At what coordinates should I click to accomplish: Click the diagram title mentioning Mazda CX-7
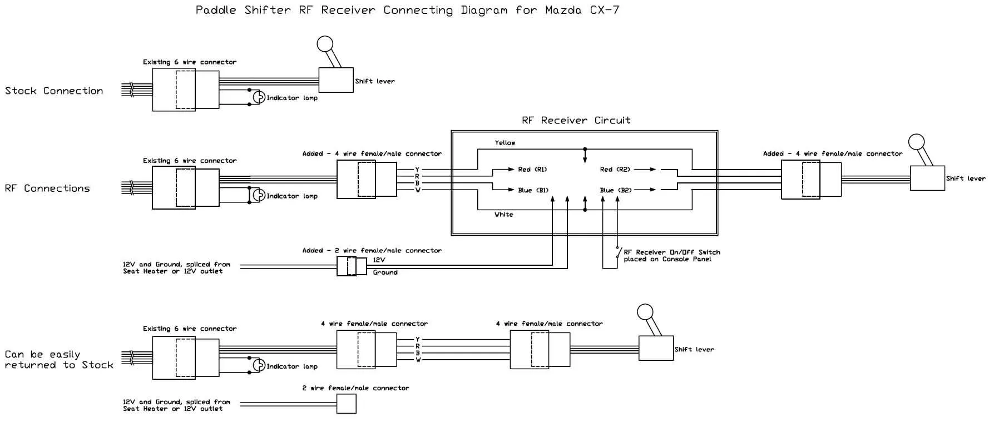407,11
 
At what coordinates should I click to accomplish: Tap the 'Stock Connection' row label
54,91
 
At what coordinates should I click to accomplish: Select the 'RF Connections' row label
47,188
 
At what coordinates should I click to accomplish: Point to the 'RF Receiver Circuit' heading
576,120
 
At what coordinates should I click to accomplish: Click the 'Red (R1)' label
532,170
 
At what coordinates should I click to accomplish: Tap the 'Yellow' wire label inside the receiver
505,143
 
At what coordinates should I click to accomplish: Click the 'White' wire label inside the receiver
504,215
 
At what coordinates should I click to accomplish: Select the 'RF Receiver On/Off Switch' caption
671,255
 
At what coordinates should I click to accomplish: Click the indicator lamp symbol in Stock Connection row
258,97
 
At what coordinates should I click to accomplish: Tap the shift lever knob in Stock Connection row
325,44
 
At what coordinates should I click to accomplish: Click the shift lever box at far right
927,178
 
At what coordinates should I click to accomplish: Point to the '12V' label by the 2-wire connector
379,260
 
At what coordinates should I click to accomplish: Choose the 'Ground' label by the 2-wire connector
385,272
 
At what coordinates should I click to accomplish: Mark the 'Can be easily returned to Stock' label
58,360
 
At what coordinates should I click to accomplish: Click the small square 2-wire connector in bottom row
347,404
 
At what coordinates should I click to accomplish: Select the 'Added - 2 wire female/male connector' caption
372,251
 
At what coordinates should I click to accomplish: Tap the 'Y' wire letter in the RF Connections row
417,170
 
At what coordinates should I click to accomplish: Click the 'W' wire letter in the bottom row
418,360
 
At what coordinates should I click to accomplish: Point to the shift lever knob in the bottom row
645,312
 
